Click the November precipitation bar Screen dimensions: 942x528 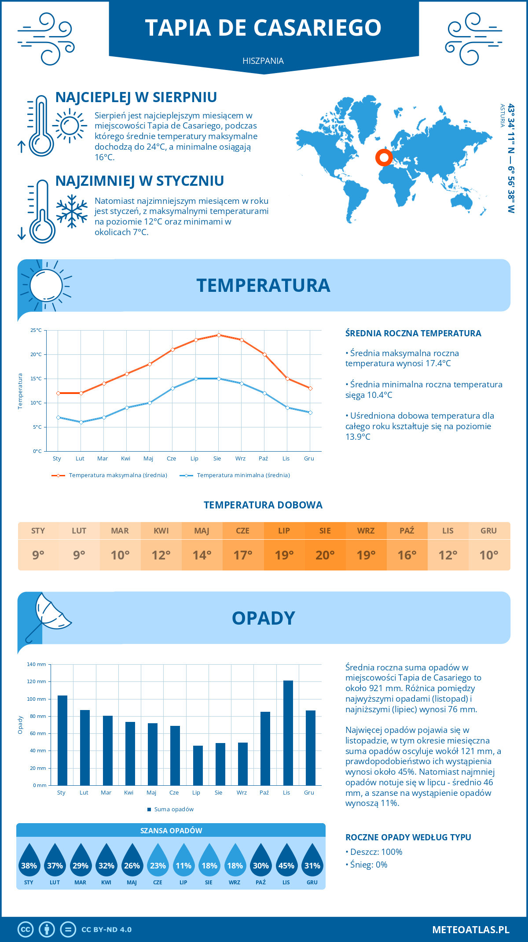click(288, 733)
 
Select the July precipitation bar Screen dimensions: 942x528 click(198, 765)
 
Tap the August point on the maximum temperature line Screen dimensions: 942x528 click(219, 335)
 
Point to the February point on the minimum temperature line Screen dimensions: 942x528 click(81, 422)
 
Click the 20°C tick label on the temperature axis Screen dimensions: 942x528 click(36, 354)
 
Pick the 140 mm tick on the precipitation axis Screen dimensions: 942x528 click(37, 664)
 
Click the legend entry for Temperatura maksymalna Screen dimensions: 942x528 click(110, 475)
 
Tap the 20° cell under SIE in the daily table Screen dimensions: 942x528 click(325, 555)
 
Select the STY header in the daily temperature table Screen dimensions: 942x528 click(38, 531)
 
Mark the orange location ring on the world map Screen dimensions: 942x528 click(384, 157)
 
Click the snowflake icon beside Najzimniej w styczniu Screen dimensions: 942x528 click(72, 211)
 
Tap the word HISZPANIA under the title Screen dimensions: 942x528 click(263, 61)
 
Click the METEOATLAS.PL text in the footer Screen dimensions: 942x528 click(471, 930)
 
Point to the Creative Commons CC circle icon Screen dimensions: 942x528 click(26, 930)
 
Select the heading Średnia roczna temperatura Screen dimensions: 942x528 click(413, 333)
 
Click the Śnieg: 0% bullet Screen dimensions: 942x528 click(367, 865)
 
